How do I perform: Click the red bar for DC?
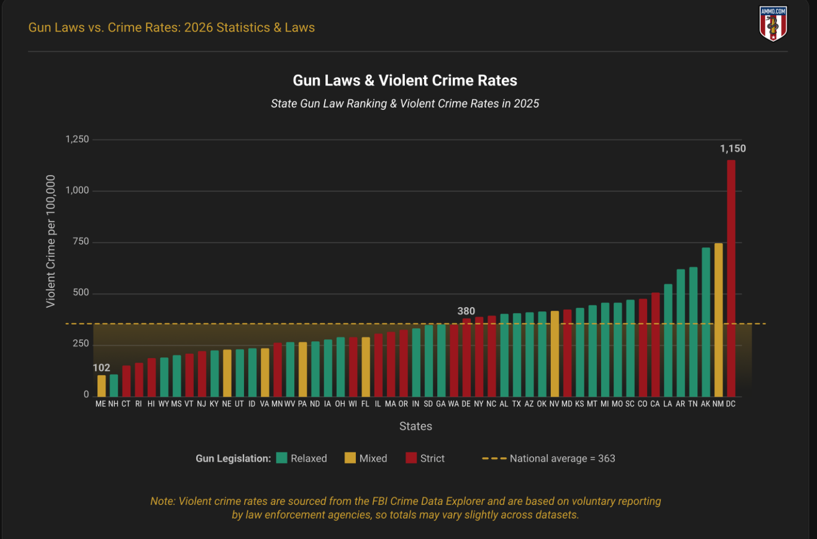point(731,278)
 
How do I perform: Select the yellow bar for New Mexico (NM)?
point(718,320)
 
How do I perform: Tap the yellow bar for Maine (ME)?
point(102,386)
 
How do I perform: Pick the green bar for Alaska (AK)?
point(706,322)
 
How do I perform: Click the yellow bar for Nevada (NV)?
point(554,354)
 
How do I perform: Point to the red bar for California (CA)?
point(656,344)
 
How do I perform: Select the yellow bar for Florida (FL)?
point(365,367)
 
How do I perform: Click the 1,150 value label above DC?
point(733,149)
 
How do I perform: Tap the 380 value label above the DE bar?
point(466,311)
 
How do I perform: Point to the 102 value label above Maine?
point(102,367)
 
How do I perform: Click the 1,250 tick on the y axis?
point(77,139)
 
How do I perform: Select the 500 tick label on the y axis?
point(81,293)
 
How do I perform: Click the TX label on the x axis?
point(517,404)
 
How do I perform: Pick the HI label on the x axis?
point(151,404)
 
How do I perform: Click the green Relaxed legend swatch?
point(282,458)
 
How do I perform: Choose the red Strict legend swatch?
point(411,458)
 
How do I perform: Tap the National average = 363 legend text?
point(562,458)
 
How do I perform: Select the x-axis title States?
point(416,426)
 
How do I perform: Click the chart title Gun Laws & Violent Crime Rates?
point(405,81)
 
